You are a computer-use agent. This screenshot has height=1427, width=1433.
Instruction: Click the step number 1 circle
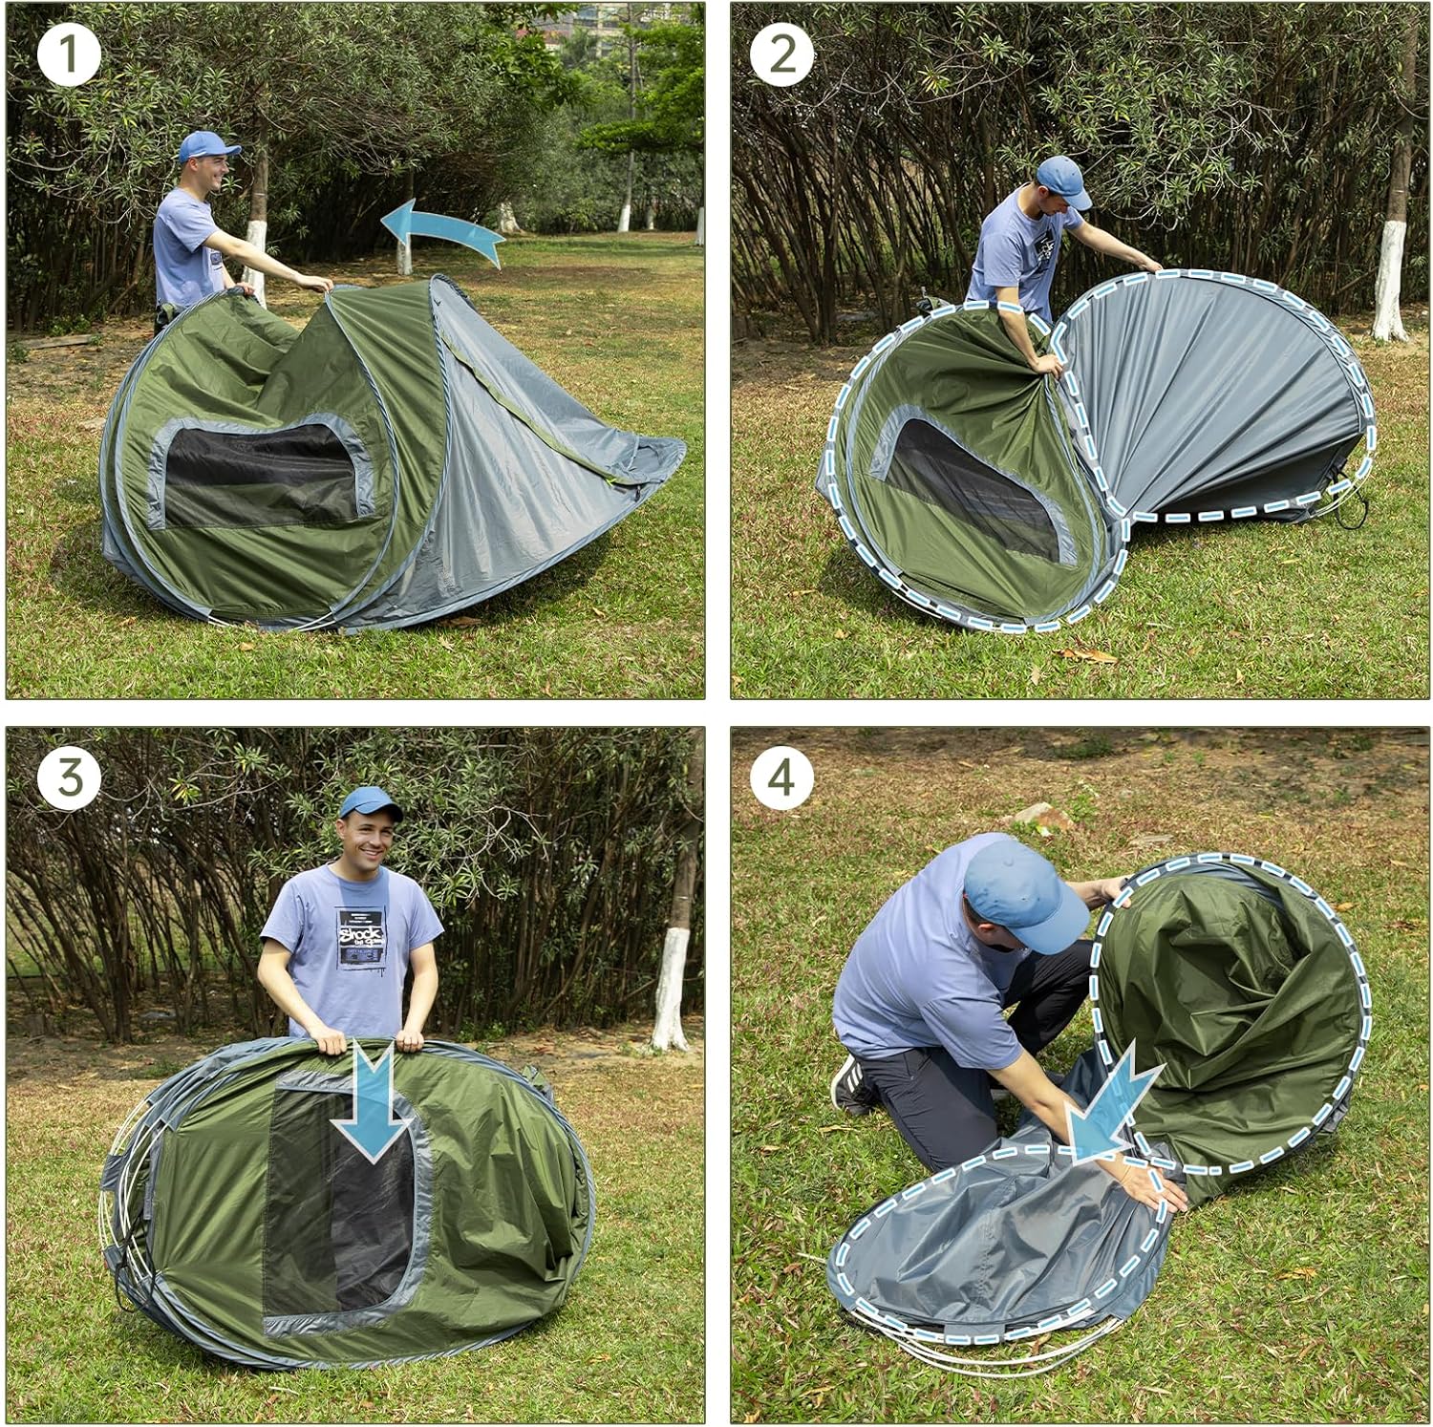click(69, 54)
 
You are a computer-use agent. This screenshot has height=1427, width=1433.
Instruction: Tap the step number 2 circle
click(781, 54)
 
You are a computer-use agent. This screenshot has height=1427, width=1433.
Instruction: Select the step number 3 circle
click(69, 777)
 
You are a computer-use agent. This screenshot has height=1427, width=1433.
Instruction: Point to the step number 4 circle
click(781, 777)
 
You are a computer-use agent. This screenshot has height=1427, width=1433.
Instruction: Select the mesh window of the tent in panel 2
click(974, 487)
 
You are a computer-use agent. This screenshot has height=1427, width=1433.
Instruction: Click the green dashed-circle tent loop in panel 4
click(1232, 1012)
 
